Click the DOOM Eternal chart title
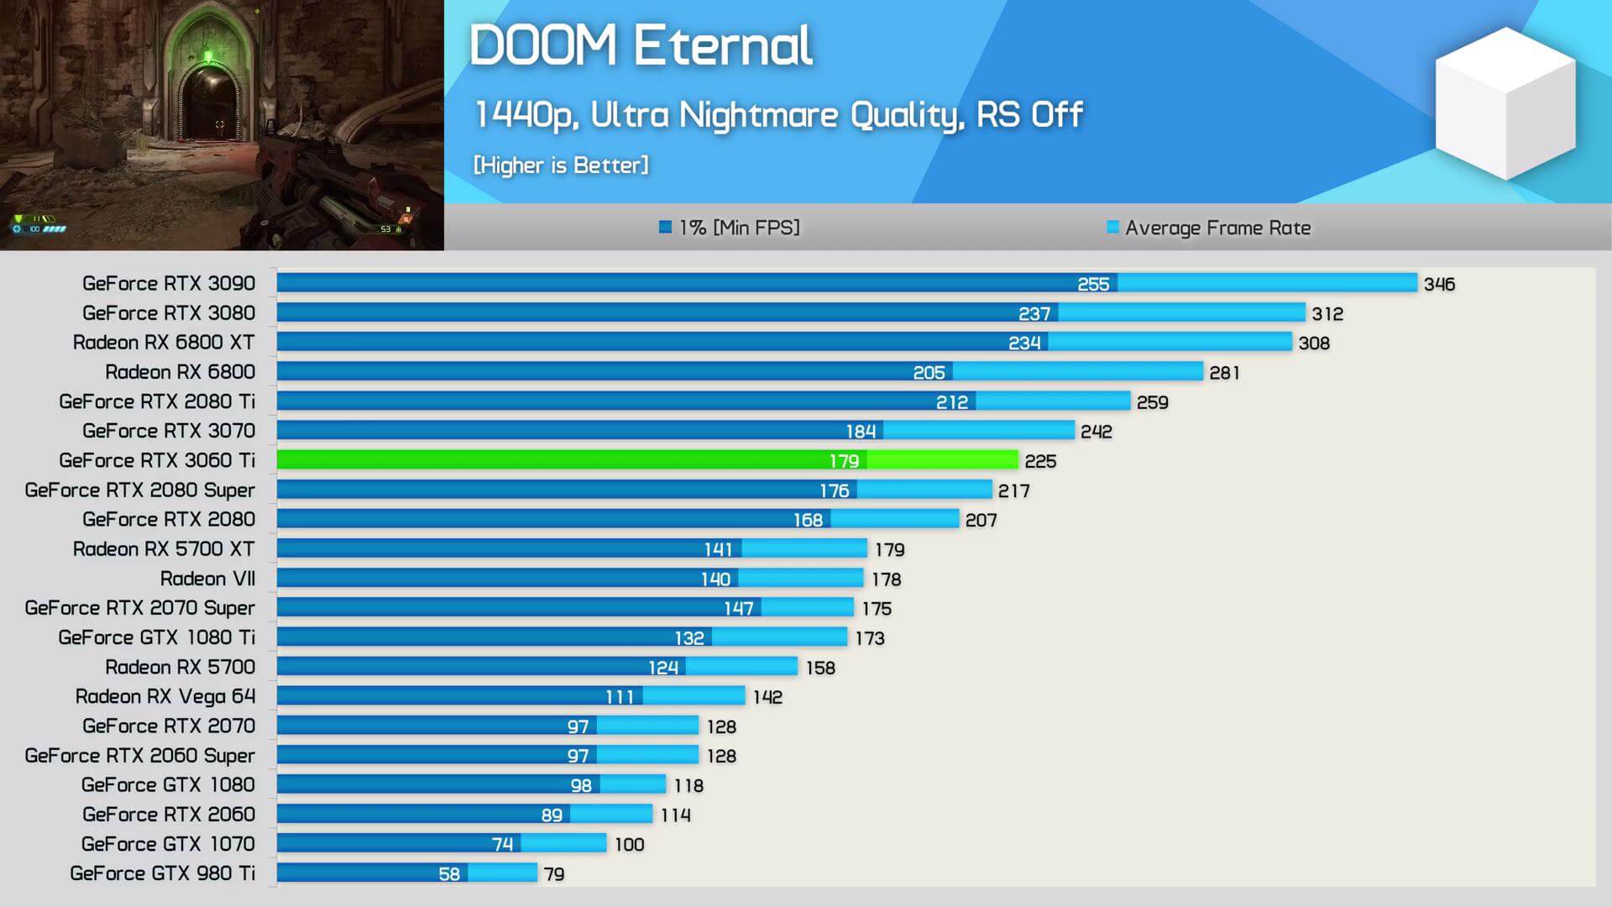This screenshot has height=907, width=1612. tap(641, 45)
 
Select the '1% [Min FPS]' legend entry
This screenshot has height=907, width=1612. tap(730, 228)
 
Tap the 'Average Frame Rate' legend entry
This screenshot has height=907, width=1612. tap(1208, 228)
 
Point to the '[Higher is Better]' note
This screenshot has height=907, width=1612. tap(561, 165)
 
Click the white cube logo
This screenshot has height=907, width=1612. tap(1505, 103)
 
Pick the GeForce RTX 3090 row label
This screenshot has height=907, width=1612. tap(169, 284)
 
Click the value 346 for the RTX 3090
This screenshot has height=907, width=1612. tap(1439, 285)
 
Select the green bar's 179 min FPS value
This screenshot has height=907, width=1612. tap(844, 461)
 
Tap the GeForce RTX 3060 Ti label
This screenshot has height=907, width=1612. tap(157, 460)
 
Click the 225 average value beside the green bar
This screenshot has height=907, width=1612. tap(1040, 461)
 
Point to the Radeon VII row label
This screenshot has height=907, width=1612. tap(207, 579)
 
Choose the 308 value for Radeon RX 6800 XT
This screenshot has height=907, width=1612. tap(1314, 343)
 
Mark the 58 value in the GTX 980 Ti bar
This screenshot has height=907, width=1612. tap(449, 874)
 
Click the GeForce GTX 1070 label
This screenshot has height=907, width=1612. tap(168, 844)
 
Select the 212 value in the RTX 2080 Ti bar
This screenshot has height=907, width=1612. tap(951, 402)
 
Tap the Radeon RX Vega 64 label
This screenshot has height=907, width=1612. tap(165, 696)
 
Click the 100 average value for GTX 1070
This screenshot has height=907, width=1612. tap(629, 845)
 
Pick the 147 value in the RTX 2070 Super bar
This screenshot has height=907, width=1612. tap(738, 608)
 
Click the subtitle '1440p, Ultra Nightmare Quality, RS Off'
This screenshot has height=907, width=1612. tap(778, 115)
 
